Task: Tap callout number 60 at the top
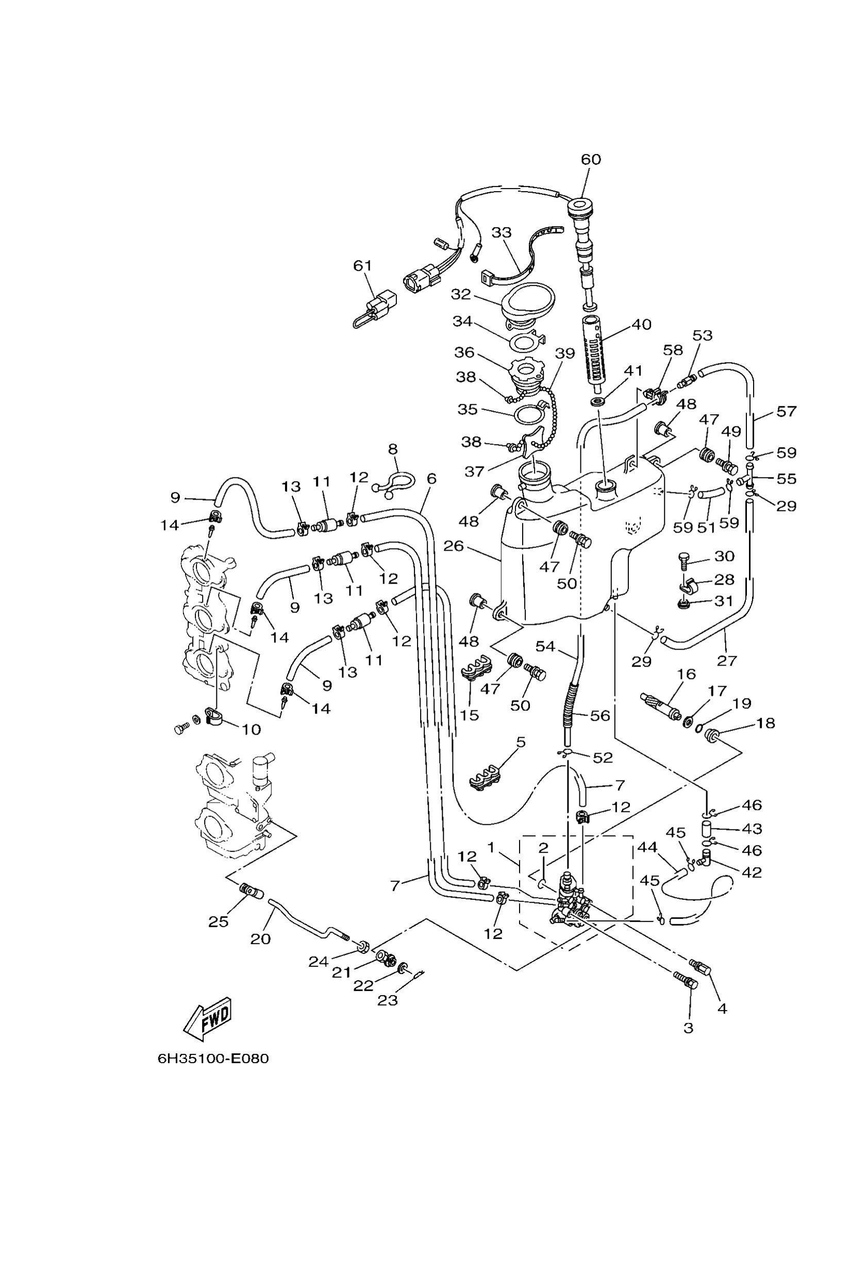pyautogui.click(x=591, y=159)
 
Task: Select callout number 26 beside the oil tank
pyautogui.click(x=454, y=546)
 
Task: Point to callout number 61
pyautogui.click(x=363, y=266)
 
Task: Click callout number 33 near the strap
pyautogui.click(x=502, y=232)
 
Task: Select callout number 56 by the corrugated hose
pyautogui.click(x=600, y=715)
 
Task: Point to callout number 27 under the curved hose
pyautogui.click(x=727, y=660)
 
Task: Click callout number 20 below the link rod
pyautogui.click(x=260, y=939)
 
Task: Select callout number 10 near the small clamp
pyautogui.click(x=251, y=729)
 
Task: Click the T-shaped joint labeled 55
pyautogui.click(x=748, y=479)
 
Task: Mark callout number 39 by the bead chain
pyautogui.click(x=565, y=353)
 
